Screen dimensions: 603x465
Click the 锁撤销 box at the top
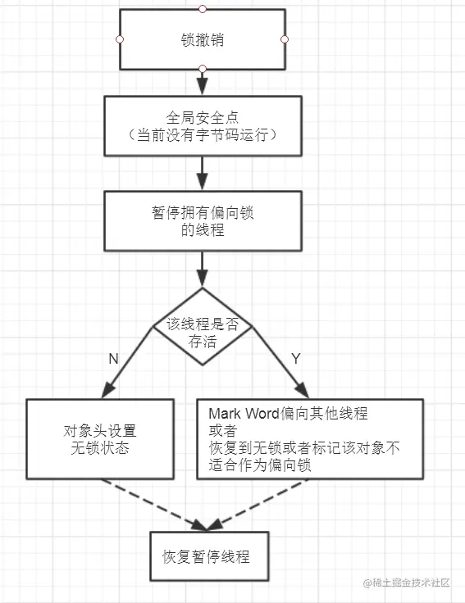point(203,39)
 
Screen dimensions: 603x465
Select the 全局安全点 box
point(203,125)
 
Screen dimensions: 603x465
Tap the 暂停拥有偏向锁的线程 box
point(203,220)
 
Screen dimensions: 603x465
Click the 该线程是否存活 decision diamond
point(203,331)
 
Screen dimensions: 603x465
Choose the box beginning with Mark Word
point(310,438)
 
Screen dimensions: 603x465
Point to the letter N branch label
point(112,359)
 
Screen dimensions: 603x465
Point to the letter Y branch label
point(296,358)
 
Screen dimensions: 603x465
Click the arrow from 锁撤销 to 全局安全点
point(203,82)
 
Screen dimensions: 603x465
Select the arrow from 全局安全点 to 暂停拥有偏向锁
point(203,173)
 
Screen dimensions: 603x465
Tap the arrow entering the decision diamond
point(203,270)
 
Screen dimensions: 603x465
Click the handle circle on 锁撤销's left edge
point(121,39)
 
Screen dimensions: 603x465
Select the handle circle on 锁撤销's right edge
point(285,39)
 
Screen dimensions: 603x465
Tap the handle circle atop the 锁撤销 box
point(203,9)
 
